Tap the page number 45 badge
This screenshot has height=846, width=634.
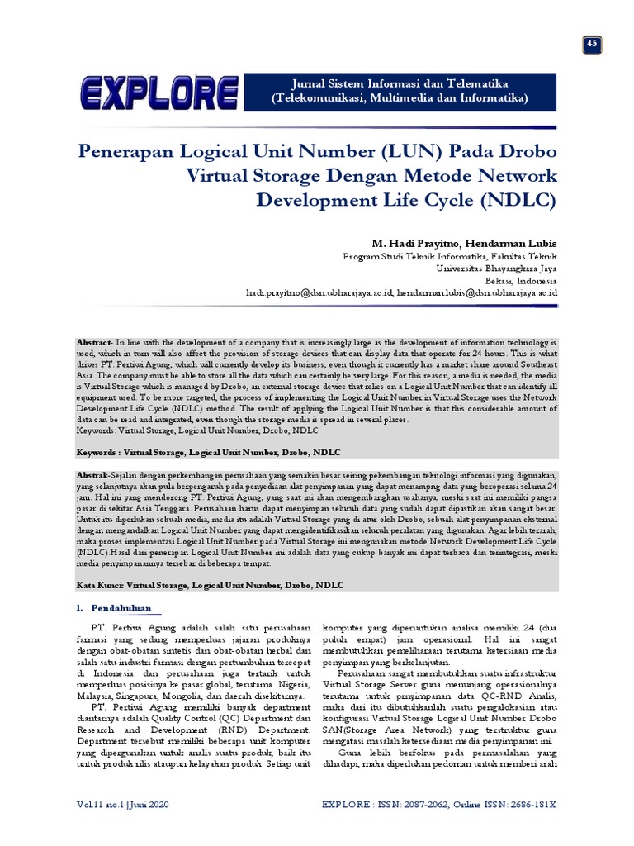[592, 43]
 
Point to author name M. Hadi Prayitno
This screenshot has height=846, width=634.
[415, 243]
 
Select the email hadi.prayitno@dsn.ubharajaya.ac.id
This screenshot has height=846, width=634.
[319, 292]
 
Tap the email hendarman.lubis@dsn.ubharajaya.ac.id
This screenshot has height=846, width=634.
[478, 292]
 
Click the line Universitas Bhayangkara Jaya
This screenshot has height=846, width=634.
[498, 269]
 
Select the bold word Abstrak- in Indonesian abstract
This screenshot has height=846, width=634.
[93, 477]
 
